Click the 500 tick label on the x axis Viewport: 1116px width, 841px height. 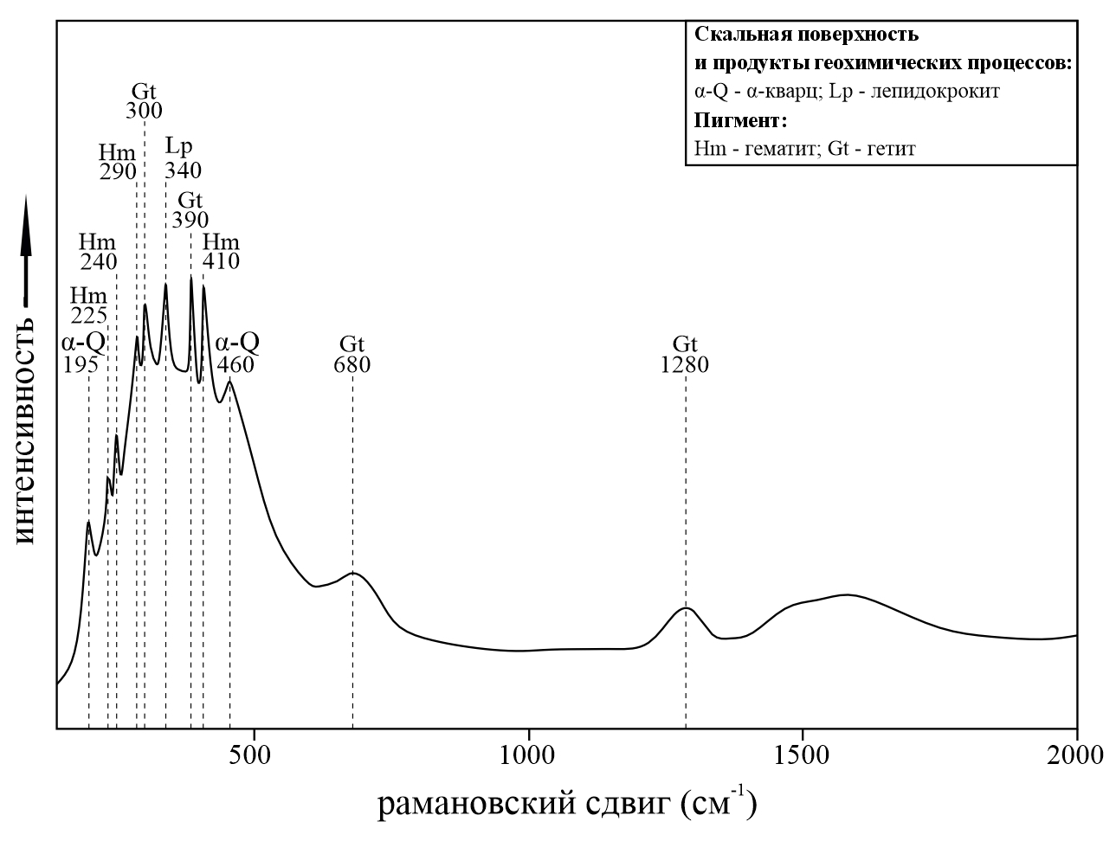pos(253,753)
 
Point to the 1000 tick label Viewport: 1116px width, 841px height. pos(527,753)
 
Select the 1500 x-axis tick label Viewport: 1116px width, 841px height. pos(802,753)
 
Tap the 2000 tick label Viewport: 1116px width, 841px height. pos(1076,753)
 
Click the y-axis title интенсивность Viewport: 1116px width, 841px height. pos(23,430)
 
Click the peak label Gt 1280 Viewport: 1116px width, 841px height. pos(684,354)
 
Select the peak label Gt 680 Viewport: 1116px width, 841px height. pos(352,354)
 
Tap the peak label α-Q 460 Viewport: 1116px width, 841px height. pos(236,353)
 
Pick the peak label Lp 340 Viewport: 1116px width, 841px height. pos(183,157)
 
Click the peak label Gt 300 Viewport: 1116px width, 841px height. pos(144,100)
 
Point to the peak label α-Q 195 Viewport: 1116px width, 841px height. pos(82,353)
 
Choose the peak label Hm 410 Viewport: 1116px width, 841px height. pos(220,251)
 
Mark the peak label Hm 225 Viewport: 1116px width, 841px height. pos(88,305)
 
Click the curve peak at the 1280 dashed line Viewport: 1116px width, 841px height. pos(686,607)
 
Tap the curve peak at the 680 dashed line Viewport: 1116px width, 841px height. pos(352,573)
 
